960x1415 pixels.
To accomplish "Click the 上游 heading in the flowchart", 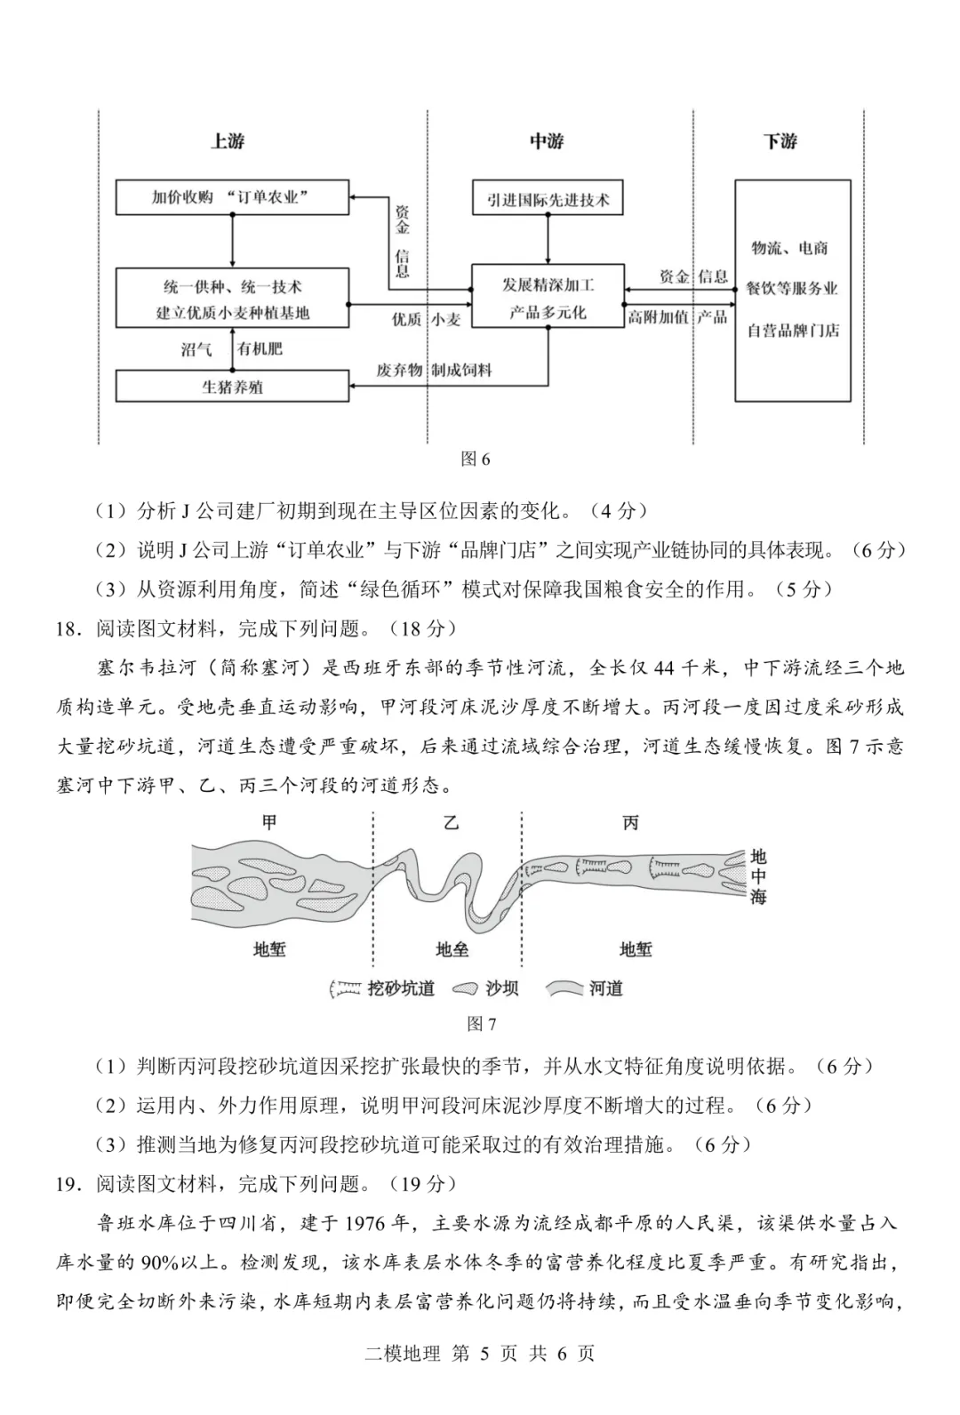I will point(228,141).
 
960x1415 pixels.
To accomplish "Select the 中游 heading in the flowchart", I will point(547,141).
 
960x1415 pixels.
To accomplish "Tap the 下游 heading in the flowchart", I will point(780,141).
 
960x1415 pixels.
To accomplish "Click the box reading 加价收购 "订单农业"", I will point(232,197).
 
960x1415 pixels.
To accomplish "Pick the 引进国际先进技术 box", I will point(548,197).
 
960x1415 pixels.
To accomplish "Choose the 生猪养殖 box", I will point(232,387).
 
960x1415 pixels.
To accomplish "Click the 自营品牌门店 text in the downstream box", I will point(792,331).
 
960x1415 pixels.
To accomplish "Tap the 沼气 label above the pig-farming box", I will point(196,349).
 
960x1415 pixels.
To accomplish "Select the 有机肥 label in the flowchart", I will point(260,349).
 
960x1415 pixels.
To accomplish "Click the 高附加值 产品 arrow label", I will point(677,317).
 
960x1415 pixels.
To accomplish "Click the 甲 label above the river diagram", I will point(269,822).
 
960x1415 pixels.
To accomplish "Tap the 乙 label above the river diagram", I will point(452,822).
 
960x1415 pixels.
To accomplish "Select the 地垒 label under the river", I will point(452,949).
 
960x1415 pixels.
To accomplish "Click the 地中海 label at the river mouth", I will point(757,876).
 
